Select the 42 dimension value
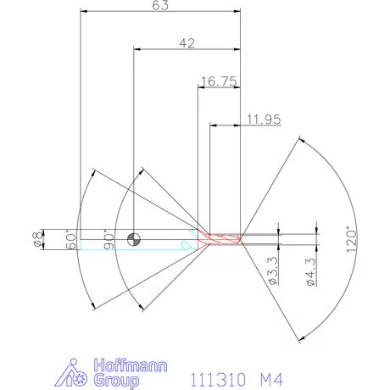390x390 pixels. pos(187,42)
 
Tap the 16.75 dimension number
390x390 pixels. pos(218,81)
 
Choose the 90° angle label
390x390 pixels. pos(108,240)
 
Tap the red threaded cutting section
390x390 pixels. pos(225,240)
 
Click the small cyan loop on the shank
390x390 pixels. pos(184,244)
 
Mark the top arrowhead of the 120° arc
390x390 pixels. pos(298,138)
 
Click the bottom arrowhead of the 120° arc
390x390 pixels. pos(298,341)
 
